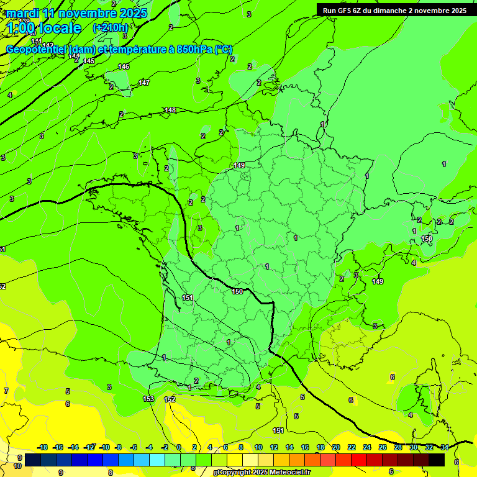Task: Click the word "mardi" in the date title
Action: [23, 13]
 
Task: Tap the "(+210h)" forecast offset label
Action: [110, 27]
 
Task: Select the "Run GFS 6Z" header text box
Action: [394, 11]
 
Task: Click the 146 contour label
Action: [124, 66]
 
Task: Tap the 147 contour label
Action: [144, 83]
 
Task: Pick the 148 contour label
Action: [170, 111]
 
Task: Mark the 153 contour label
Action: [148, 399]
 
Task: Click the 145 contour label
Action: [89, 61]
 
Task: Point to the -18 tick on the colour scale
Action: [43, 447]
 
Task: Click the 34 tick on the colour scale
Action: [445, 447]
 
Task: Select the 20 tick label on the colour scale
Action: [336, 447]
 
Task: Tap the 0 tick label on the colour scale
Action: [179, 447]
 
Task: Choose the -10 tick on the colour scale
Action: [104, 447]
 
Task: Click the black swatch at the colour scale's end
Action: [437, 460]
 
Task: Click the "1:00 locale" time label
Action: [45, 28]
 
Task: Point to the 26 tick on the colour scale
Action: [382, 447]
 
